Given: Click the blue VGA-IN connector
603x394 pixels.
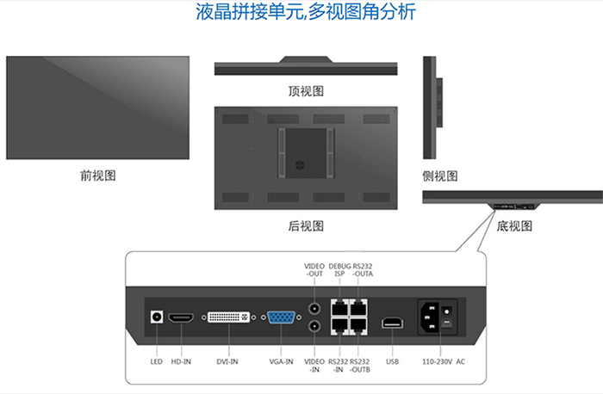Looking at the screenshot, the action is pos(281,317).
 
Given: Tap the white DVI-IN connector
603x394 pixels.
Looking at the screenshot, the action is pos(228,317).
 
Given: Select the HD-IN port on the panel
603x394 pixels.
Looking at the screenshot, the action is pos(181,317).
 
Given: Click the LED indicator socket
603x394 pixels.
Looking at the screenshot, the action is pos(157,317).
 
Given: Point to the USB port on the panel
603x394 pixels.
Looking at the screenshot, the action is pos(392,323).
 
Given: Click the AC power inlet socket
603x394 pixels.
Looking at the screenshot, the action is pos(430,317).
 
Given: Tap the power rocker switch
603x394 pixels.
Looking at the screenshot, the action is pos(447,317).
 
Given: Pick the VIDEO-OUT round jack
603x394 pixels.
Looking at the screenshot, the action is pos(314,308).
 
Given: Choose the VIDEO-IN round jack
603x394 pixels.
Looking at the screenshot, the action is pos(314,326).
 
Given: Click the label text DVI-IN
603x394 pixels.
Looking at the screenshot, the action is pos(227,362).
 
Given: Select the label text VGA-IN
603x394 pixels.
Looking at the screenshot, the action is pos(281,362).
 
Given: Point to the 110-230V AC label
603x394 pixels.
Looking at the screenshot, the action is pos(444,362).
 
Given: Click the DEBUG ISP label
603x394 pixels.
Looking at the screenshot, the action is pos(339,270).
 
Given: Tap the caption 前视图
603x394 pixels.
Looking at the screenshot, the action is pos(98,175).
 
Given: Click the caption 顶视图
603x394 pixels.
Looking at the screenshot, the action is pos(306,91).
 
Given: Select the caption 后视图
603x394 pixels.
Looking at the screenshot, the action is pos(306,225).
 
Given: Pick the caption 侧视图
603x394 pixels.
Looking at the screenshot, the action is pos(440,176).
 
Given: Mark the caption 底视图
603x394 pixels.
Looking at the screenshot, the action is pos(514,225).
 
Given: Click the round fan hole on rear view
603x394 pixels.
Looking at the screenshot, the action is pos(300,165).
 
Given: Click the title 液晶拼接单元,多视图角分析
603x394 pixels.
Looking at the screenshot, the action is pos(306,11).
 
